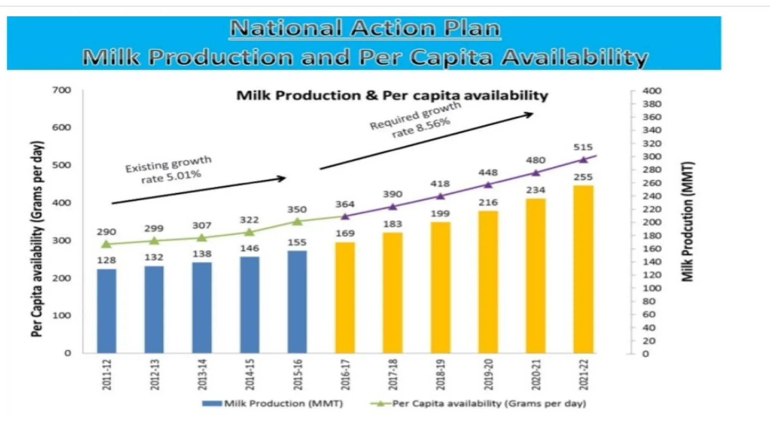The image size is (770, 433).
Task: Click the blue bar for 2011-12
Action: point(106,311)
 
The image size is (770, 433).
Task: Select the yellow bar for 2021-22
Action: point(583,269)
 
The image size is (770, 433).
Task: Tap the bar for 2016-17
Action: point(345,298)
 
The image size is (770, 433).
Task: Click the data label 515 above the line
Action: point(583,147)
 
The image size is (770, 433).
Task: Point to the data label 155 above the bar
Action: point(297,242)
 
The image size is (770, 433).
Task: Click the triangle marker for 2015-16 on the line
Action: point(297,221)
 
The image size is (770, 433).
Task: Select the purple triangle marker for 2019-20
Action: point(488,185)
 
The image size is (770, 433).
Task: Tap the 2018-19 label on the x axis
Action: point(440,374)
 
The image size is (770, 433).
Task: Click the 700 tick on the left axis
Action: point(62,90)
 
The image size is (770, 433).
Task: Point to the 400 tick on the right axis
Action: point(652,91)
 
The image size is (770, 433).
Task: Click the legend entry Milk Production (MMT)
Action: point(273,404)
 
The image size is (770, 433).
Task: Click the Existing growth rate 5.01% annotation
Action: point(169,170)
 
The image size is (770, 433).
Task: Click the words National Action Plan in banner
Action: point(365,29)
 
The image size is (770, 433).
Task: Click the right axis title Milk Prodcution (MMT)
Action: point(687,222)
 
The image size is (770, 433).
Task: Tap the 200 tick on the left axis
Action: point(62,278)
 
